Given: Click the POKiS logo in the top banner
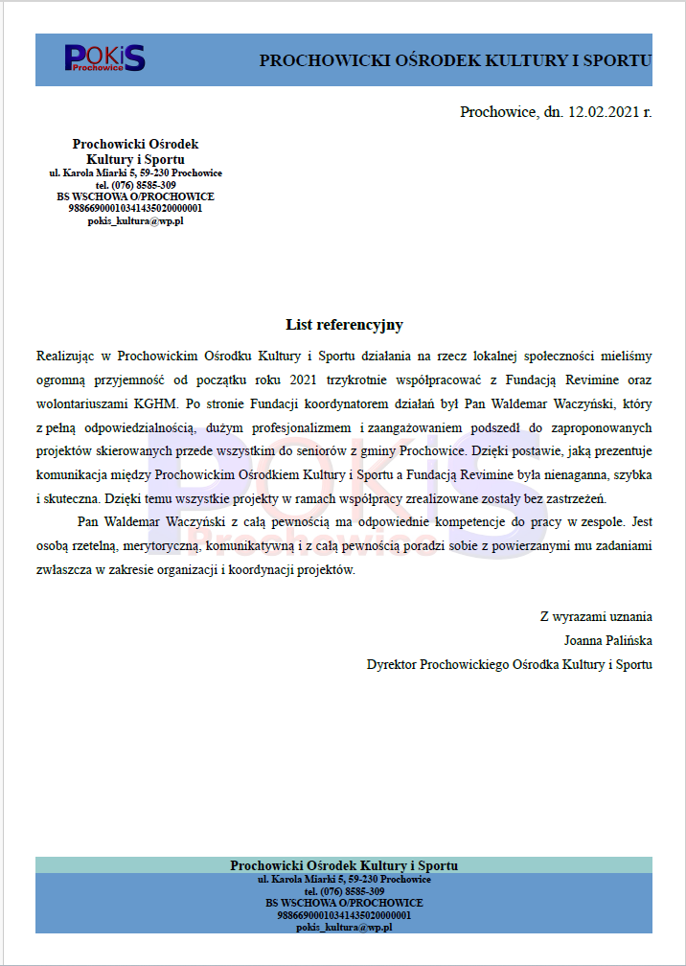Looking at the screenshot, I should (104, 57).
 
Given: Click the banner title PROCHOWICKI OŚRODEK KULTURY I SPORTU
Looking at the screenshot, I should (455, 60).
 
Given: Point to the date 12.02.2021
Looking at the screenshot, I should (603, 112).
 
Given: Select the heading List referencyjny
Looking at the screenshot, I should (344, 325).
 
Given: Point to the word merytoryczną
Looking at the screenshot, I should (160, 546).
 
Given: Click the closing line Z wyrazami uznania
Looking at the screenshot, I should (596, 616).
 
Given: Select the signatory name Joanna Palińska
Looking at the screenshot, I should (608, 640).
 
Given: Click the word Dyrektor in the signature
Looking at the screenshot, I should (392, 664).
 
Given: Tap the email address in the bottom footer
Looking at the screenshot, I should (344, 928).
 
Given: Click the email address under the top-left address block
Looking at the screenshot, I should (135, 219).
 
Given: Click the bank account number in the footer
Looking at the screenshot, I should (344, 915).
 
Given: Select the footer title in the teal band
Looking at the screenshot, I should (344, 865).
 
